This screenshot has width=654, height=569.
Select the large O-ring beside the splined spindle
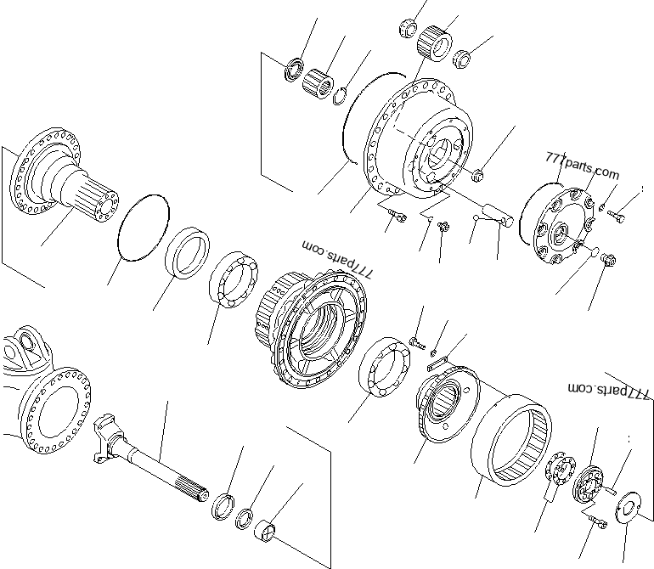click(145, 226)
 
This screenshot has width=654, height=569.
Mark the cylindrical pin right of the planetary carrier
click(496, 213)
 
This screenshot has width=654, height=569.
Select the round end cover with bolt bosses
click(564, 225)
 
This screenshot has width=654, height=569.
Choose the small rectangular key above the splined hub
click(436, 362)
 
